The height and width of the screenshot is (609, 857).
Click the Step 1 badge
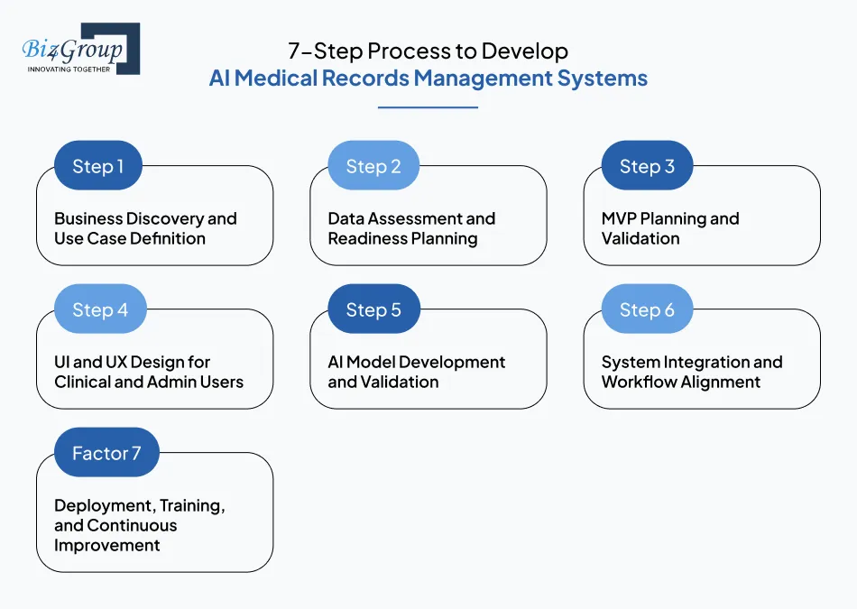click(98, 166)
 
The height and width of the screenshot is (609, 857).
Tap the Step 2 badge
click(373, 166)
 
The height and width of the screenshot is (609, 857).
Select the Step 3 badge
click(647, 166)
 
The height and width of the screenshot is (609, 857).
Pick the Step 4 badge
click(99, 310)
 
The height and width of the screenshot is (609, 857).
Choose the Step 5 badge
click(373, 310)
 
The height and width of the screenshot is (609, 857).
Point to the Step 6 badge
click(647, 310)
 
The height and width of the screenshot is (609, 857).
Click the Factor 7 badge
click(106, 453)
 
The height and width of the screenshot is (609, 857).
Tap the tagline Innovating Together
click(69, 69)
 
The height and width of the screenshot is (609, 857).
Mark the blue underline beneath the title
click(428, 107)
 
